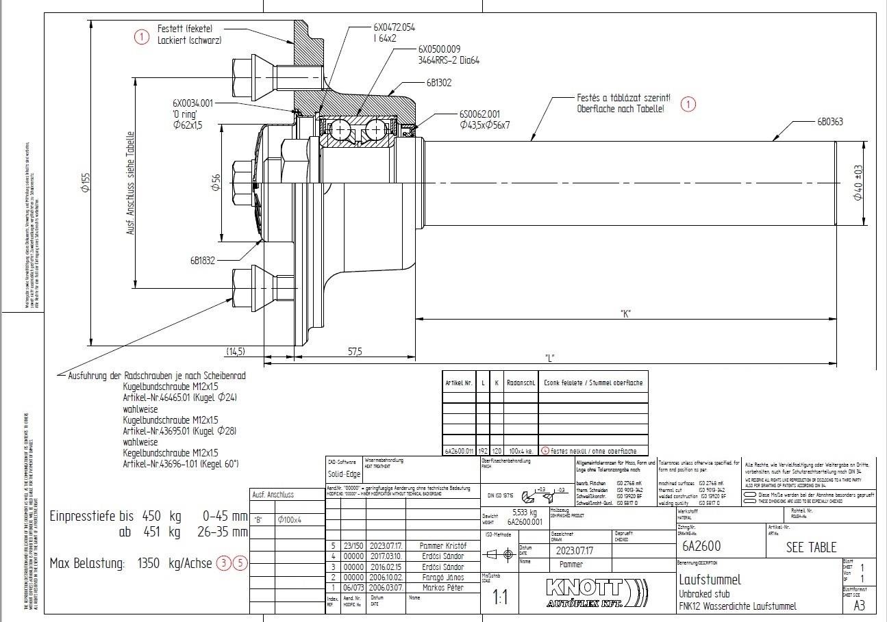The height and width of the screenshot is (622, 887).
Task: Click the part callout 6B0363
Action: (829, 122)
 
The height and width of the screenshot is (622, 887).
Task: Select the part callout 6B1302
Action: (438, 82)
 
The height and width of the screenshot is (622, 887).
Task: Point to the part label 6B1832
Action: (203, 260)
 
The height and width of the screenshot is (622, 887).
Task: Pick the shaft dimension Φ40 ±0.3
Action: (858, 182)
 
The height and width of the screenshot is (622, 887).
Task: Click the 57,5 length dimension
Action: (355, 352)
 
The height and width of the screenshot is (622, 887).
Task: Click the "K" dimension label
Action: (625, 313)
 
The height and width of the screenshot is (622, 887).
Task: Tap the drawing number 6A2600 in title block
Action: (701, 547)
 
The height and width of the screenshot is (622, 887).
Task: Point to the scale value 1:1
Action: (501, 597)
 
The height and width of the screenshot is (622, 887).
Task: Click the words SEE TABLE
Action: (811, 547)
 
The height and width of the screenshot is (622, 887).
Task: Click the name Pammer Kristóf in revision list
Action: (442, 546)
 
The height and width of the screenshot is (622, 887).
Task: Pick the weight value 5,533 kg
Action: (525, 512)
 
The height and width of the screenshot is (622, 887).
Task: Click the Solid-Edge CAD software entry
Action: (344, 474)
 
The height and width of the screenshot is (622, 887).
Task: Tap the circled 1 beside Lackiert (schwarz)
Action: (141, 38)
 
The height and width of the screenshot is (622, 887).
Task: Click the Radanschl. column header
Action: (521, 383)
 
